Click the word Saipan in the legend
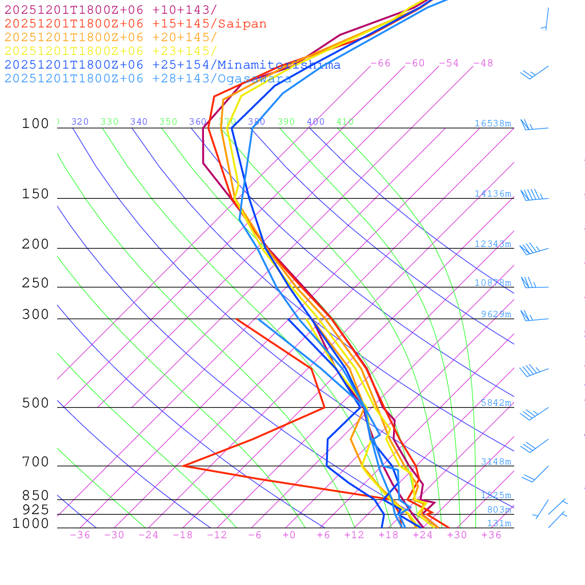click(242, 24)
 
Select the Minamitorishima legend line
click(171, 65)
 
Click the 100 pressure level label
click(35, 124)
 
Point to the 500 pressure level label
click(35, 403)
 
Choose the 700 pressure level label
click(35, 462)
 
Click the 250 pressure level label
click(35, 283)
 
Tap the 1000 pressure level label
click(31, 523)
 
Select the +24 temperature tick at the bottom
click(423, 535)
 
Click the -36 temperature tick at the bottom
click(80, 535)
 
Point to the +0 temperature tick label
click(289, 535)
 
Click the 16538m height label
click(492, 123)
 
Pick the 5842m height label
click(496, 403)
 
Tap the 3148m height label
click(496, 462)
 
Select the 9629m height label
click(496, 314)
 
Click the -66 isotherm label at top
click(380, 63)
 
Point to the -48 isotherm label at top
click(483, 63)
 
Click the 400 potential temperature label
click(315, 122)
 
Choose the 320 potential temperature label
click(80, 122)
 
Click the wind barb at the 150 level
click(534, 196)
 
